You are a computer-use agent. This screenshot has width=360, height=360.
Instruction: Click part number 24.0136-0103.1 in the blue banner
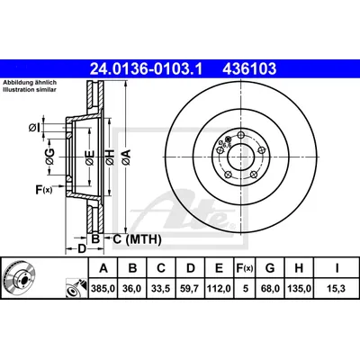(x=147, y=69)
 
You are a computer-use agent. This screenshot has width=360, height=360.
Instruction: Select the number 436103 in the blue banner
(x=249, y=69)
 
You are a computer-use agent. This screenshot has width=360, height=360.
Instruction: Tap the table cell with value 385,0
(x=103, y=289)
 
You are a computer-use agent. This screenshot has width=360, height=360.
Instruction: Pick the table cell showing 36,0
(x=132, y=289)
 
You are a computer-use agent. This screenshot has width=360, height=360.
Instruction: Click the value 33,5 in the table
(x=161, y=289)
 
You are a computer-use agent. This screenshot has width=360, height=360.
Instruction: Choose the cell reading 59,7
(x=191, y=289)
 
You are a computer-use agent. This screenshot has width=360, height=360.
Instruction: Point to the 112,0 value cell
(x=219, y=289)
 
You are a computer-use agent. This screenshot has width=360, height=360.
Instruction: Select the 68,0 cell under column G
(x=270, y=289)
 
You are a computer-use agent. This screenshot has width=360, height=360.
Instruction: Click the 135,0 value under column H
(x=299, y=289)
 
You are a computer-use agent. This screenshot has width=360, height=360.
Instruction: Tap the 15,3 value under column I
(x=337, y=289)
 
